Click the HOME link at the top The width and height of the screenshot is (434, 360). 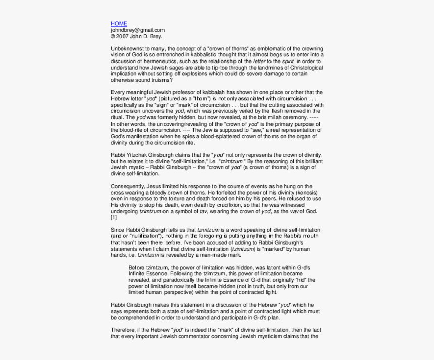119,24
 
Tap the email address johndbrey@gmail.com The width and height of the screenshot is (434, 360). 137,30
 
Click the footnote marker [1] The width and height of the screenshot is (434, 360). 114,217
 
